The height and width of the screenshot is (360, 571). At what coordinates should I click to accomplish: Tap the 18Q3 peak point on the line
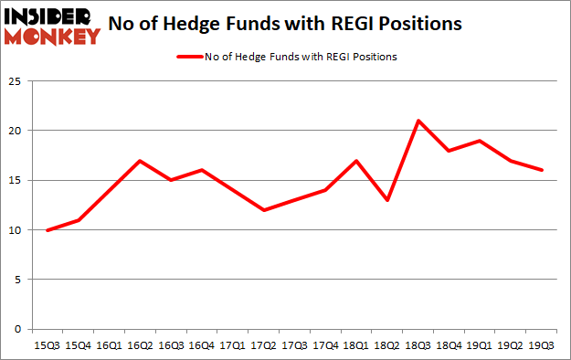[x=418, y=121]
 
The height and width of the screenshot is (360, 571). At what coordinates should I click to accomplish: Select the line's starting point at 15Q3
[x=48, y=229]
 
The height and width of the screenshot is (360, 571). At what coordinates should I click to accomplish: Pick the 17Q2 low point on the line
[x=263, y=210]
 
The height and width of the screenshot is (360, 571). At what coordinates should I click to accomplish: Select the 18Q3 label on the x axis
[x=418, y=346]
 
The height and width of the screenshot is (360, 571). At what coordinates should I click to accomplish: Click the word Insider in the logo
[x=48, y=16]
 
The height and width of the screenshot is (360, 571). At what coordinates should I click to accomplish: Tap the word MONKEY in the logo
[x=55, y=37]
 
